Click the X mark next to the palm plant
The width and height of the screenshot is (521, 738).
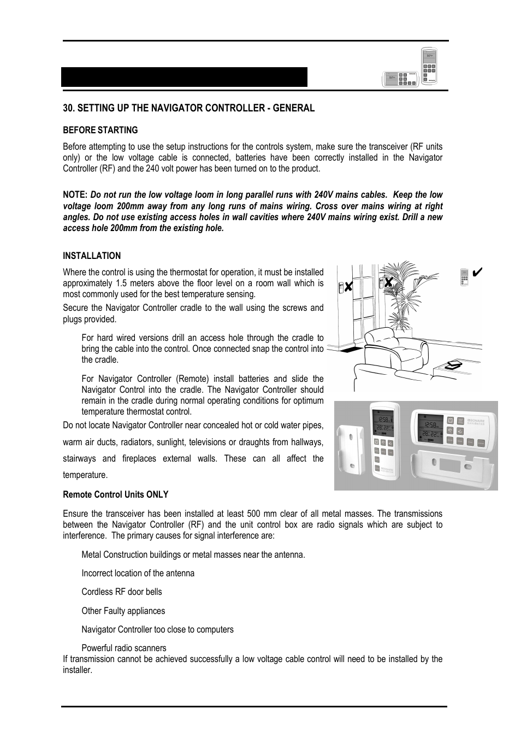[388, 282]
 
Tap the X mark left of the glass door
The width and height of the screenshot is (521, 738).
[348, 286]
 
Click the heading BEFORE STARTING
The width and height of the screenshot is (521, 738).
[100, 130]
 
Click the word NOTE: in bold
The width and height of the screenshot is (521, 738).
[75, 195]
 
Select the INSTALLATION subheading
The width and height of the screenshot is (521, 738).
[92, 256]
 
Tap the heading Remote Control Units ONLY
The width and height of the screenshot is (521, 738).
[115, 494]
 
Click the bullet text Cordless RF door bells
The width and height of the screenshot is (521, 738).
[121, 592]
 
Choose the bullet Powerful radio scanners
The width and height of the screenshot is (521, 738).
[123, 648]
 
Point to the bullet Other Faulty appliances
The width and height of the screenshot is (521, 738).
[123, 611]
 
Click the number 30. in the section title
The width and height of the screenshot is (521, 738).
[68, 108]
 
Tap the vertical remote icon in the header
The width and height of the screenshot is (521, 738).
[429, 66]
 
